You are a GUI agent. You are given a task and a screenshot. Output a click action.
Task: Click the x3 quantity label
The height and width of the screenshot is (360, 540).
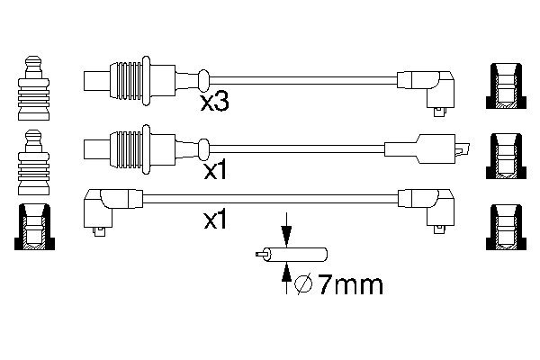click(x=214, y=102)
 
